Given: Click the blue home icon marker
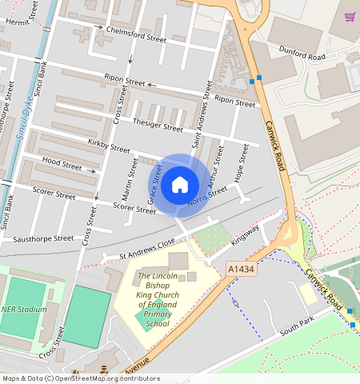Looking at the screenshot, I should point(180,185).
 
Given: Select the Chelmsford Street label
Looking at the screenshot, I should point(136,34).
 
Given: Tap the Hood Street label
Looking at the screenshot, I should point(62,166).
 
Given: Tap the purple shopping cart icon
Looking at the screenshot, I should point(350,17).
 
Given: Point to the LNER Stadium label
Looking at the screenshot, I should point(24,310).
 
